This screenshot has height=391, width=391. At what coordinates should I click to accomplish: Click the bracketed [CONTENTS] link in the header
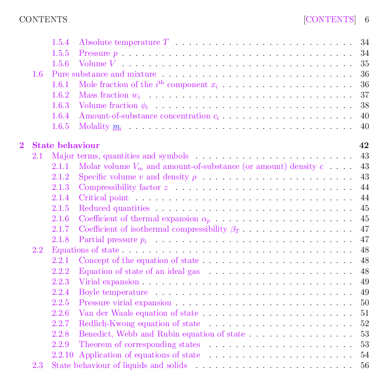pos(330,20)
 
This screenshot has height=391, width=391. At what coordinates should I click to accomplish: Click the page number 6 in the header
pos(367,20)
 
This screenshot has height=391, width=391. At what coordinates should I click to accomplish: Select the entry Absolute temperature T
pos(124,43)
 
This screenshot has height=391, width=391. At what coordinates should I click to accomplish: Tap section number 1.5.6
pos(61,64)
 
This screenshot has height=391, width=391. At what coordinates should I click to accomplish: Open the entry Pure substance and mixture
pos(104,74)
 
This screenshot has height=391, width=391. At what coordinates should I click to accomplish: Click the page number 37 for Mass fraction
pos(365,95)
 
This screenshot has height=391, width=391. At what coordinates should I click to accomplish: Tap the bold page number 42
pos(364,145)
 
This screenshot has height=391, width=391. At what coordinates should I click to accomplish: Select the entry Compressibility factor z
pos(123,187)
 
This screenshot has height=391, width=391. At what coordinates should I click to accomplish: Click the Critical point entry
pos(104,198)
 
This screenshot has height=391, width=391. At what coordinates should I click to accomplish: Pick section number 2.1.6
pos(61,219)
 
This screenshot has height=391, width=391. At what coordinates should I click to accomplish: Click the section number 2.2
pos(38,250)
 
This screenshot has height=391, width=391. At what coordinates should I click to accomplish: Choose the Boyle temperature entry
pos(113,292)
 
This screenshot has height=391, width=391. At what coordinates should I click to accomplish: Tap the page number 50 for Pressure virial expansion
pos(365,303)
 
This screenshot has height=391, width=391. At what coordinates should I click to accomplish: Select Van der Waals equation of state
pos(138,313)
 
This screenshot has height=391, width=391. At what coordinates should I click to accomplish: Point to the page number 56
pos(365,365)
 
